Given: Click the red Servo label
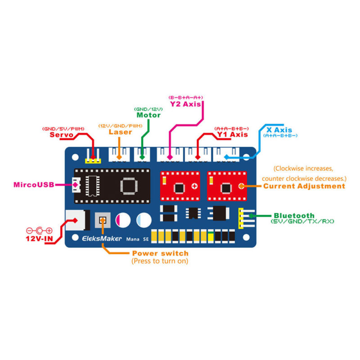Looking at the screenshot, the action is coord(62,135).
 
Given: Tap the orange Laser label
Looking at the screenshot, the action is coord(120,132).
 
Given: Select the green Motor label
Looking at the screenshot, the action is coord(148,115).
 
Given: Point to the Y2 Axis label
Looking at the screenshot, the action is coord(185,104).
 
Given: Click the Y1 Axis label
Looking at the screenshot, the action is coord(232,134).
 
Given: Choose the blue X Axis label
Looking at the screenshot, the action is coord(279,130).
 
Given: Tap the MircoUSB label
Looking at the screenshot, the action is coord(34,184).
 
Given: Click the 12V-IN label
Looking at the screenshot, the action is coord(39,239).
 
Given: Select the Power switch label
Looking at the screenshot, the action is coord(160,253).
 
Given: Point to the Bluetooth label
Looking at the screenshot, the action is coord(294,216).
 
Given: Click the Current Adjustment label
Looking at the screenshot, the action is coord(304,186).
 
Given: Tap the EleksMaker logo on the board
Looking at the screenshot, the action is coord(102,238).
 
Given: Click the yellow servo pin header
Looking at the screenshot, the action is coord(93,161).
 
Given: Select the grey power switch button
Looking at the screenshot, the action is coord(103,220).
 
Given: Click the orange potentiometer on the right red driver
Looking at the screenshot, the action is coord(241,186).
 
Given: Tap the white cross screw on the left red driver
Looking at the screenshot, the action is coord(194,186).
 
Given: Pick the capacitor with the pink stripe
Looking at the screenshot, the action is coord(123,220).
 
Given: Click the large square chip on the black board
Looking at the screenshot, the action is coord(129,186).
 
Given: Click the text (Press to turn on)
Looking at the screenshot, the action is coord(160,261).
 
